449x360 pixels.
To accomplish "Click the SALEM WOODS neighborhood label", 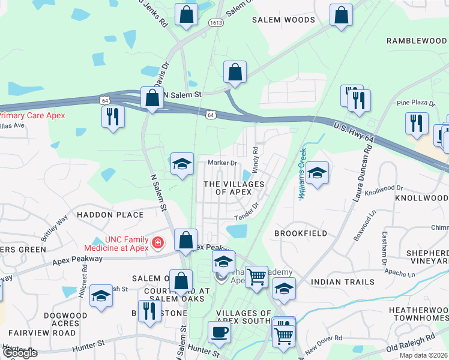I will coord(283,20).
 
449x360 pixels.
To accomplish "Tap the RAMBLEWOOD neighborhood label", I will coord(417,41).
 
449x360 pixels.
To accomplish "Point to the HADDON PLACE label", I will coord(110,214).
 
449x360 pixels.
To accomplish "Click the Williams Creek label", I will coord(303,174).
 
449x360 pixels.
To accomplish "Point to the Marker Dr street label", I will coord(222,163).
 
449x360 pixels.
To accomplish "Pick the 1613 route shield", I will coord(216,22).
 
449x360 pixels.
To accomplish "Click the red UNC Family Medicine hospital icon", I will coord(157,242).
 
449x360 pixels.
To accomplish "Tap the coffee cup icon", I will coord(219,332).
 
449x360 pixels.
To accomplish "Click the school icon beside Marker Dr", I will coord(181,164).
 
